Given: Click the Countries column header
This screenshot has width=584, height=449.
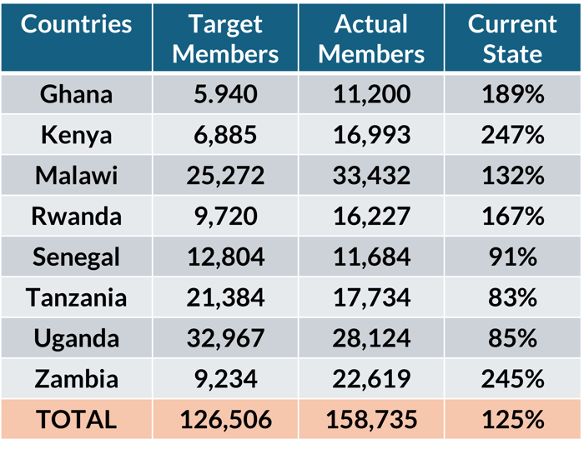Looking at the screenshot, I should coord(76,25).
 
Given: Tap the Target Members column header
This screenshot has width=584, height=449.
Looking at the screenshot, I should coord(225,39).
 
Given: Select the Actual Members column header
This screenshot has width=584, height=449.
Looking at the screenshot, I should coord(371,39).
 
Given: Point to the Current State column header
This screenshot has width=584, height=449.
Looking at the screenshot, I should coord(512,39).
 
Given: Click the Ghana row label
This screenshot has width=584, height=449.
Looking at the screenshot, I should coord(76,94).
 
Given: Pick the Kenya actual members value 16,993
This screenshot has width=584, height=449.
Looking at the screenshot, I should coord(371,135).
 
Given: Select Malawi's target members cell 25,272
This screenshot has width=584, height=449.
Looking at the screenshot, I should coord(225,176).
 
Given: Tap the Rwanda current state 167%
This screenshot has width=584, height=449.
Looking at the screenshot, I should coord(512,217).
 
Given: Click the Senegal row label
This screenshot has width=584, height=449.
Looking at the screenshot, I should coord(76,257).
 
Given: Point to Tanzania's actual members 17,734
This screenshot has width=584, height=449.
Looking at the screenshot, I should coord(371,298).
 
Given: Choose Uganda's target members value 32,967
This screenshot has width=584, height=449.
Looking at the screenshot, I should coord(225,339).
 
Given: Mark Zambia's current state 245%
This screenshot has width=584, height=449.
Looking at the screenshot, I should coord(512,380).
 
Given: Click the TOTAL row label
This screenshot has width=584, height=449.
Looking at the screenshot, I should coord(76,420).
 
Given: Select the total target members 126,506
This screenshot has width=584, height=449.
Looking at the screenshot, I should coord(225,420).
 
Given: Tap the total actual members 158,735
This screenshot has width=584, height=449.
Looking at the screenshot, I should coord(371,420).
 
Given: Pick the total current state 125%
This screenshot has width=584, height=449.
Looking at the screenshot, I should coord(512,420).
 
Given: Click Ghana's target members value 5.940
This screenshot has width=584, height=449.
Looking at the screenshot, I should coord(225,94).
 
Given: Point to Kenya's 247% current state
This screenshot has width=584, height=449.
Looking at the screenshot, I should coord(512,135).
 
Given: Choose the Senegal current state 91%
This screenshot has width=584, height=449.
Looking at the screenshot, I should coord(512,257).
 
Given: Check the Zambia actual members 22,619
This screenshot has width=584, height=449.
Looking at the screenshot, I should coord(371,380).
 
